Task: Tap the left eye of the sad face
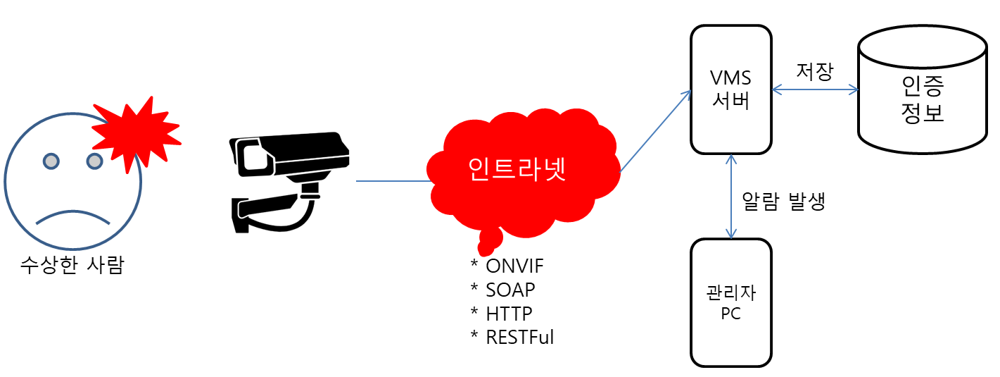(x=51, y=161)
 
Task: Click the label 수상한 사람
(x=72, y=265)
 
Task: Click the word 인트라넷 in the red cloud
(x=517, y=169)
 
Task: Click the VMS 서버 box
(x=731, y=89)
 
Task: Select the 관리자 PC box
(x=731, y=302)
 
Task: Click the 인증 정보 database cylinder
(x=922, y=89)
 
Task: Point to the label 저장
(x=814, y=70)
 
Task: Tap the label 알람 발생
(x=783, y=202)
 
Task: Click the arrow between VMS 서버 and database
(x=815, y=89)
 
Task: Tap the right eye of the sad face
(x=94, y=161)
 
